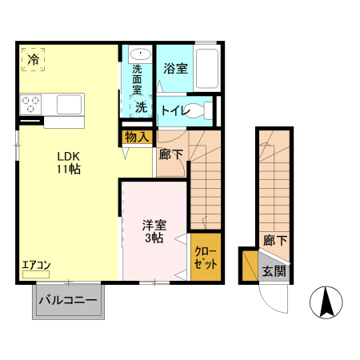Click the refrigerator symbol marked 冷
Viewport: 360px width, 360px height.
(x=34, y=59)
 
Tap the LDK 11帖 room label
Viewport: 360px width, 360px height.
(x=67, y=162)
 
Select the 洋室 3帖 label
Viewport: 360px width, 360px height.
(x=153, y=232)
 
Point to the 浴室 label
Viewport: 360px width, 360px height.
(x=175, y=70)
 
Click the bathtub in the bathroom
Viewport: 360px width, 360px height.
(x=208, y=70)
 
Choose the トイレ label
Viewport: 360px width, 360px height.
(x=174, y=110)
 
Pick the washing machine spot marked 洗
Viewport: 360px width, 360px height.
(x=141, y=107)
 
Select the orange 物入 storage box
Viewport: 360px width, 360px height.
(x=136, y=137)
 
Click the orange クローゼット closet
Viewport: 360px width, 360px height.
(x=206, y=258)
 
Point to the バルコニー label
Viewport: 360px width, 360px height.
(x=69, y=302)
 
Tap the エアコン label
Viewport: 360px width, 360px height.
(x=36, y=266)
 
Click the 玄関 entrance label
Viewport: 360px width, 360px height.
(x=274, y=271)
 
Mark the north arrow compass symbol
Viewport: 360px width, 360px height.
(x=326, y=303)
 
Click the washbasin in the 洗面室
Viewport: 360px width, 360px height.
(x=133, y=54)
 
